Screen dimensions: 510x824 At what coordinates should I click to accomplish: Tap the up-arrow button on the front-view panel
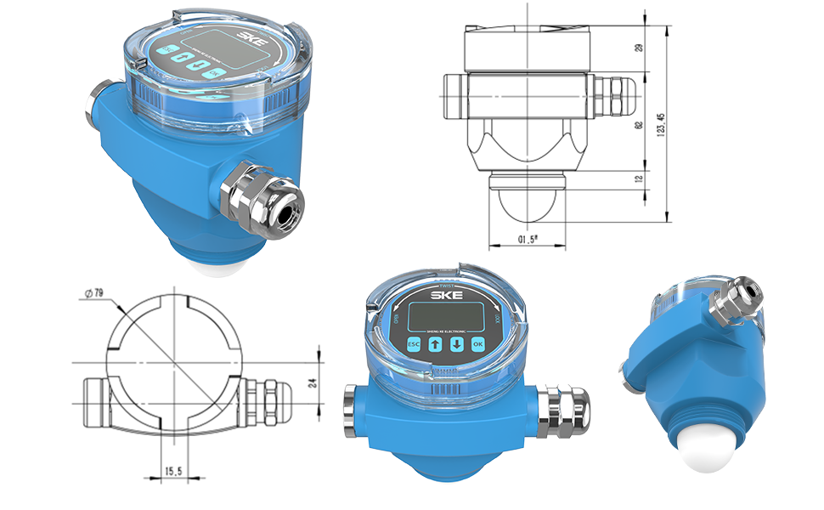pyautogui.click(x=435, y=345)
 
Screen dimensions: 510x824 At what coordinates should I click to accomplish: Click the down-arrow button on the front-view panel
pyautogui.click(x=456, y=345)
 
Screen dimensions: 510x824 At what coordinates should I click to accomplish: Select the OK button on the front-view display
pyautogui.click(x=477, y=344)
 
